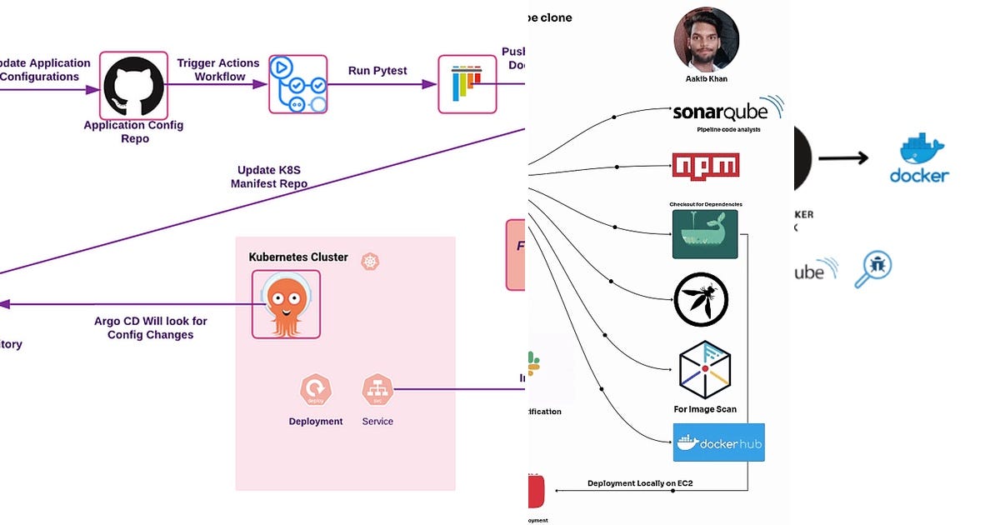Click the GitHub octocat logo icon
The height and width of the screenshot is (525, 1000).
(x=133, y=85)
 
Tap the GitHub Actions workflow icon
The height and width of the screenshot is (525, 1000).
(x=297, y=84)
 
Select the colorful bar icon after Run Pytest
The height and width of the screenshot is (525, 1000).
(x=467, y=84)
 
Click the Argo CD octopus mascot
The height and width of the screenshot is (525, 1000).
(x=286, y=304)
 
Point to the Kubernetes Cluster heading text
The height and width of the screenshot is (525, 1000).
(x=298, y=257)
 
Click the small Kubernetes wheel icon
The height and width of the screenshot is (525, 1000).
(x=370, y=262)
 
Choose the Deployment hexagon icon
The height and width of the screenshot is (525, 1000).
(x=315, y=389)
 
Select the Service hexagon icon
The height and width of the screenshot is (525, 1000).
(x=377, y=389)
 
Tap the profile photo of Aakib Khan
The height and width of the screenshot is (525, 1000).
(x=706, y=40)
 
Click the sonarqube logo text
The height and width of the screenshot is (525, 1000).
(x=722, y=112)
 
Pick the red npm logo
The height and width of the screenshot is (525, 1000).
(x=705, y=165)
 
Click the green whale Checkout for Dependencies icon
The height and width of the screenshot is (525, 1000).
(x=705, y=234)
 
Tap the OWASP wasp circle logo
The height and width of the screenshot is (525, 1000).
(x=701, y=299)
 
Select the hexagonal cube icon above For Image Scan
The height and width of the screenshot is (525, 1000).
(x=705, y=370)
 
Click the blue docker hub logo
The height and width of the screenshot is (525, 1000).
(x=718, y=442)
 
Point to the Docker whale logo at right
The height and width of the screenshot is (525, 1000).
(x=920, y=160)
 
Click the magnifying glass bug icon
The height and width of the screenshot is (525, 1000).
(x=873, y=268)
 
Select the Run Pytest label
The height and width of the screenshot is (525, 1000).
(x=377, y=71)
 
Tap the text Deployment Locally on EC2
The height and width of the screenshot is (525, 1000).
(x=640, y=483)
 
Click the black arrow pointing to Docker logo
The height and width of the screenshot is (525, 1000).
(x=843, y=158)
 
